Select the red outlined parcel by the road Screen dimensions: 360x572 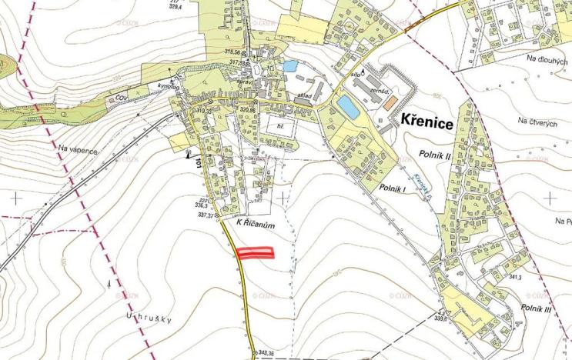[x=255, y=253]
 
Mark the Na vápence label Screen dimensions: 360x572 [x=78, y=150]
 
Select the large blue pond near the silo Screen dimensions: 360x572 [x=348, y=108]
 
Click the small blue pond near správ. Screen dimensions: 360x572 [x=289, y=66]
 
